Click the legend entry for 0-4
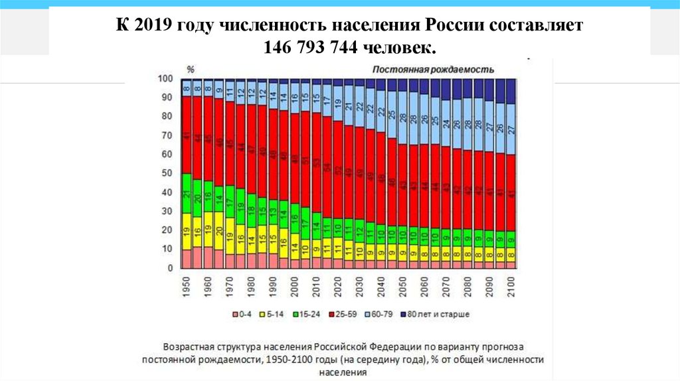click(x=242, y=313)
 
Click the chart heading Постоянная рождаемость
click(x=433, y=69)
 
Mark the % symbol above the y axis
click(x=190, y=69)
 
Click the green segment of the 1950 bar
click(x=187, y=193)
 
